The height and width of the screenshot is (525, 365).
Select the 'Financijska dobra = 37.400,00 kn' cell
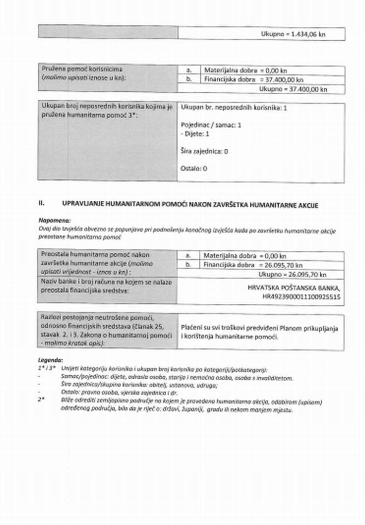click(x=254, y=79)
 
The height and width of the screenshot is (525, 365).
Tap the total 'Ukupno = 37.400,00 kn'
click(x=293, y=89)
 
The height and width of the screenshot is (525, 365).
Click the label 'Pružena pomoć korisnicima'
click(x=82, y=69)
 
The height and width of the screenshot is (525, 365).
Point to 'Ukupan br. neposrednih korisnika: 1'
click(x=234, y=108)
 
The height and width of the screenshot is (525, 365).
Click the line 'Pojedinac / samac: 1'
click(x=211, y=125)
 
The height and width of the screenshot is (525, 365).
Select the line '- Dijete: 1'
click(x=195, y=134)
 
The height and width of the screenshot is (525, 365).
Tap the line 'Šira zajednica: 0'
click(x=204, y=151)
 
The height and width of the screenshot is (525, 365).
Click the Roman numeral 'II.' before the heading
click(x=42, y=202)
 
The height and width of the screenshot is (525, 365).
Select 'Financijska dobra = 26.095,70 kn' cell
click(x=253, y=265)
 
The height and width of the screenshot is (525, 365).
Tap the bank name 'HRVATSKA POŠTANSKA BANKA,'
click(x=294, y=287)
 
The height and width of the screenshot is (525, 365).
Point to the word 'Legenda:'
click(x=50, y=360)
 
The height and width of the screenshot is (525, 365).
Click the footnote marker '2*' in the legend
click(x=41, y=399)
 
